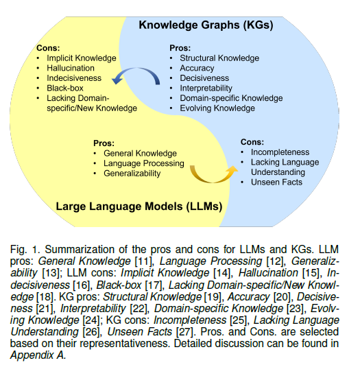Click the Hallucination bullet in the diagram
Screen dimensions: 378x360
coord(71,69)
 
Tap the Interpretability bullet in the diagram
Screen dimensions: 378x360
coord(206,88)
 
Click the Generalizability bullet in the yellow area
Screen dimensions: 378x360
coord(132,174)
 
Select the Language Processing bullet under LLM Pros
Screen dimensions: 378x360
coord(144,163)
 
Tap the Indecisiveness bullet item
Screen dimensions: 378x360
coord(74,78)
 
